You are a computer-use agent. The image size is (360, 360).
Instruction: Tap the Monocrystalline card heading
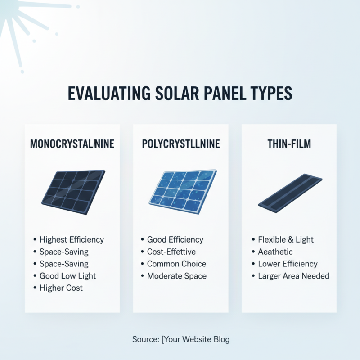pyautogui.click(x=72, y=144)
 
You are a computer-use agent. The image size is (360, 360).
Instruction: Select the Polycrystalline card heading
pyautogui.click(x=180, y=144)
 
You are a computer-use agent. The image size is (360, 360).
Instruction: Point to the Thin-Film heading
pyautogui.click(x=289, y=144)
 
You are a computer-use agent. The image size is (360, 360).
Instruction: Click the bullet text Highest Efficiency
pyautogui.click(x=72, y=240)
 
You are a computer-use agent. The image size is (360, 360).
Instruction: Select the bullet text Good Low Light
pyautogui.click(x=67, y=276)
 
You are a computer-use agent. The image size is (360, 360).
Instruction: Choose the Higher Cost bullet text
pyautogui.click(x=61, y=288)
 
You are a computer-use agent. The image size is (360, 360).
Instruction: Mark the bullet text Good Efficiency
pyautogui.click(x=175, y=240)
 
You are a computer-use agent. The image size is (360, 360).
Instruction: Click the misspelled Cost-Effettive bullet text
pyautogui.click(x=171, y=252)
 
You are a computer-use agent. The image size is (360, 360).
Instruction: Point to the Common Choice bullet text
pyautogui.click(x=176, y=264)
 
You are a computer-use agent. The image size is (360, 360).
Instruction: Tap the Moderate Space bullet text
pyautogui.click(x=177, y=276)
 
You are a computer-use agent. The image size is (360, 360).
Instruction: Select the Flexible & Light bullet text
pyautogui.click(x=286, y=240)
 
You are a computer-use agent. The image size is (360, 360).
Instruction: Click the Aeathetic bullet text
pyautogui.click(x=275, y=252)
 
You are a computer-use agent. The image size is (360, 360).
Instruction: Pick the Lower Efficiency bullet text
pyautogui.click(x=288, y=264)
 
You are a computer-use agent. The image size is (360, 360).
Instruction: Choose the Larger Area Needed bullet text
pyautogui.click(x=293, y=276)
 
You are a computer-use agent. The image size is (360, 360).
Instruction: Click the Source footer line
pyautogui.click(x=181, y=339)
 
